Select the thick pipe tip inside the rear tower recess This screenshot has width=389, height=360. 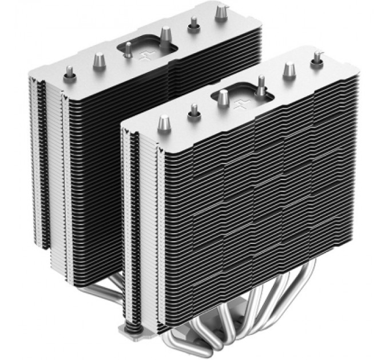pyautogui.click(x=166, y=36)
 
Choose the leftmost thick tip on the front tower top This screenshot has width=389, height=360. pyautogui.click(x=165, y=122)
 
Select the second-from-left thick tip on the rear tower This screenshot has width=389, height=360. pyautogui.click(x=100, y=59)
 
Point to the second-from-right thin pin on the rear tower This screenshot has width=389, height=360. pyautogui.click(x=194, y=23)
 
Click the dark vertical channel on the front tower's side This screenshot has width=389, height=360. pyautogui.click(x=135, y=229)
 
